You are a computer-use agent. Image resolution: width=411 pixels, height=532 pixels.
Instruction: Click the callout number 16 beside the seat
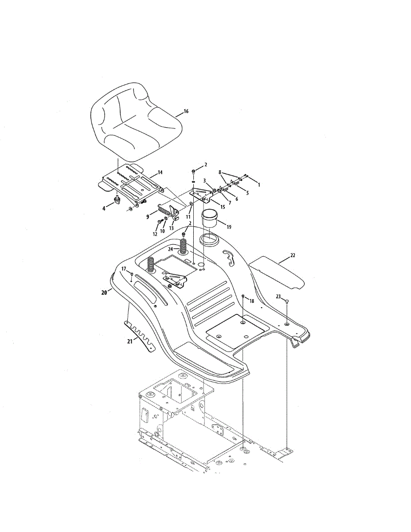tap(186, 111)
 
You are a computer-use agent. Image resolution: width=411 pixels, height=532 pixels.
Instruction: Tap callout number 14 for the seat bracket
tap(160, 172)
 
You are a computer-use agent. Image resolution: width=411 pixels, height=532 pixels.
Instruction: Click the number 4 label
tap(104, 208)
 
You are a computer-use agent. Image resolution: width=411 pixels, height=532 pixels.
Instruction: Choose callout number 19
tap(228, 227)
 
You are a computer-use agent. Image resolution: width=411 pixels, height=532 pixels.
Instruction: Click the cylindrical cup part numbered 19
tap(211, 219)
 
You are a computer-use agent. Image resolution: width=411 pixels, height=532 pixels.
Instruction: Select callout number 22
tap(292, 255)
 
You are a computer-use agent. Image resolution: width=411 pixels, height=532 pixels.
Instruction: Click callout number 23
tap(279, 297)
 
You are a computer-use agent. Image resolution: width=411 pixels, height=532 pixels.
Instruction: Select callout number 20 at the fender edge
tap(104, 292)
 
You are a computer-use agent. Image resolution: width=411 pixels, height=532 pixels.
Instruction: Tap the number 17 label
tap(124, 269)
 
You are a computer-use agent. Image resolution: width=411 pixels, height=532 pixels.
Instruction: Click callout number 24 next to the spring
tap(170, 250)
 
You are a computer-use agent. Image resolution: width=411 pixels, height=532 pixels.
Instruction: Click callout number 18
tap(251, 301)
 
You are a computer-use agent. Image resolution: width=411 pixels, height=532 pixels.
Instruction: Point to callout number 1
tap(259, 184)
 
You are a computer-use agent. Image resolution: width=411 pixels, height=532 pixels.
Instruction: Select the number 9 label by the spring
tap(148, 217)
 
